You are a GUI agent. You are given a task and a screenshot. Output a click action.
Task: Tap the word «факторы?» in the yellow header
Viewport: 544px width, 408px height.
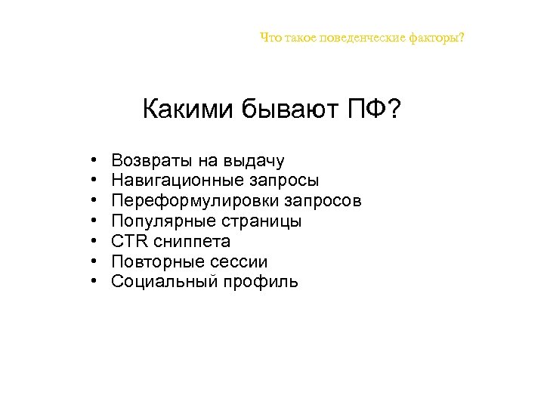pos(438,37)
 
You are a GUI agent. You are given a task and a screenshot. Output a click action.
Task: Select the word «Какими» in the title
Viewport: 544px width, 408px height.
pos(188,111)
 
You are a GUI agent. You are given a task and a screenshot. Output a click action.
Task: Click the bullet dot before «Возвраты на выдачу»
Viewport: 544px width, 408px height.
pos(91,161)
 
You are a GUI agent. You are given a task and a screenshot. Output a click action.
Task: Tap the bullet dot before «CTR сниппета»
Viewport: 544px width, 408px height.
pos(91,243)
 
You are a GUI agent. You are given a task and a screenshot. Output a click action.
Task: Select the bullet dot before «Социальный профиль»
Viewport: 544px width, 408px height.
pos(91,283)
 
